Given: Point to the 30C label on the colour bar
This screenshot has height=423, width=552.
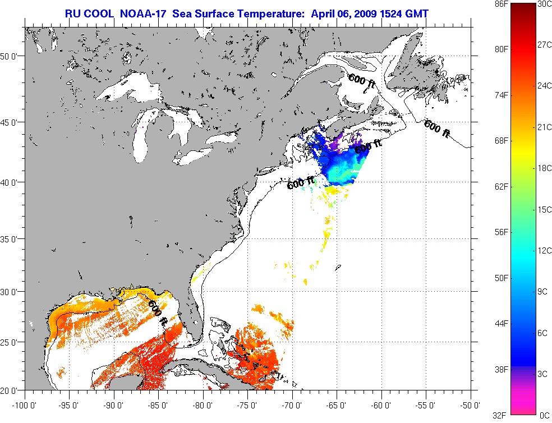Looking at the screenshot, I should [x=544, y=4].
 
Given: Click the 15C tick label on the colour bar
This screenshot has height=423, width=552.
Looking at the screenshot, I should [x=544, y=210].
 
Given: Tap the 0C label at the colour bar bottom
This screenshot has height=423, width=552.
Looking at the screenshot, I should [x=544, y=415].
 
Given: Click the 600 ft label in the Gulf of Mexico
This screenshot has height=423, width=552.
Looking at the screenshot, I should [x=158, y=312].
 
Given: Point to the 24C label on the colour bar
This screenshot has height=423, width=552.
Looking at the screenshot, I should [x=544, y=86].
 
